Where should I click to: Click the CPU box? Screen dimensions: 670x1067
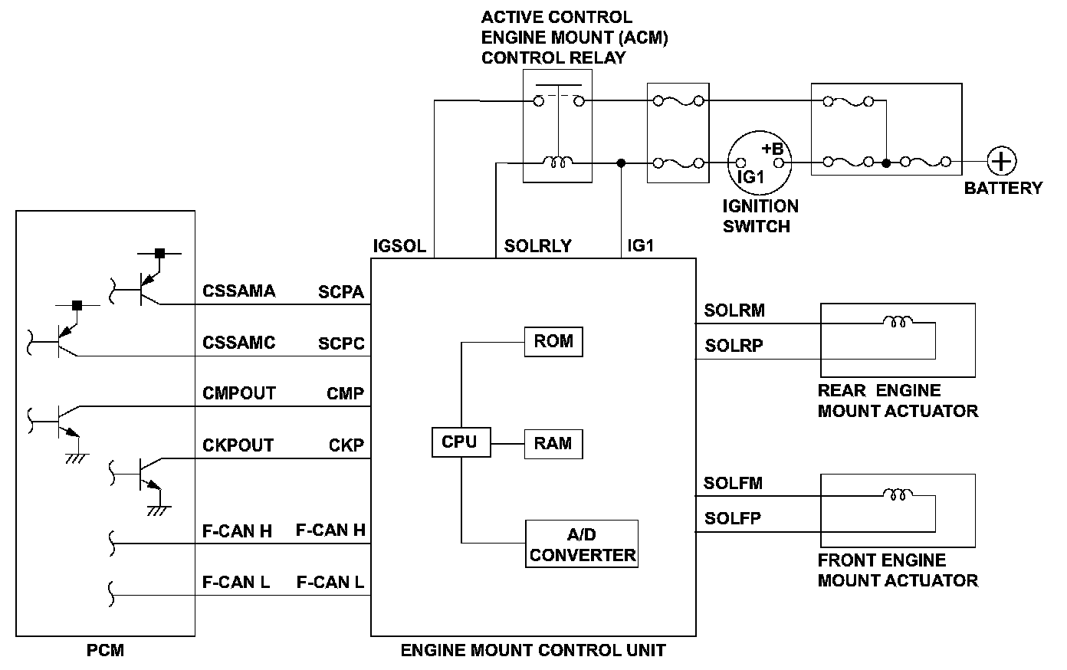pos(460,442)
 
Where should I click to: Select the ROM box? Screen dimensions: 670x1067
pos(553,341)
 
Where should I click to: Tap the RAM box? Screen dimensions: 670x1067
pos(553,444)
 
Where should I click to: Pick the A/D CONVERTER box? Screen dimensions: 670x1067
pos(582,544)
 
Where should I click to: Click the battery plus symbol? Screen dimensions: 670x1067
pos(1001,162)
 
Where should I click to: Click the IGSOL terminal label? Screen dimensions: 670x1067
pos(399,246)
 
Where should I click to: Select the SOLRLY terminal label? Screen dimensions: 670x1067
pos(538,246)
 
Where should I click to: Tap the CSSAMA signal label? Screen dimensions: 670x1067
pos(238,291)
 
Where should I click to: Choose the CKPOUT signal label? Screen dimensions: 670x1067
pos(238,445)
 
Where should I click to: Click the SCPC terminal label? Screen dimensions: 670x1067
pos(341,343)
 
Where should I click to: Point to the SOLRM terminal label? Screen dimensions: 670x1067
pos(734,310)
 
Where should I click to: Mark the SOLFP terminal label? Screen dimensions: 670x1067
pos(733,519)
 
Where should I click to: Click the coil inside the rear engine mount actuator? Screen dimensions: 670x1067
pos(898,322)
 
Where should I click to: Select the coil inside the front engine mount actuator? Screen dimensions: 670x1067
pos(898,494)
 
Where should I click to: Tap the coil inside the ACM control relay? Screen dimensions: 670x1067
pos(556,162)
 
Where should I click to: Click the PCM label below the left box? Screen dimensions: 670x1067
pos(105,651)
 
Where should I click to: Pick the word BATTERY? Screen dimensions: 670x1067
pos(1003,188)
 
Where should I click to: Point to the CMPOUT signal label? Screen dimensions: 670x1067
pos(238,393)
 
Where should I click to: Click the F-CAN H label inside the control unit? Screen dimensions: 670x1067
pos(330,530)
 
